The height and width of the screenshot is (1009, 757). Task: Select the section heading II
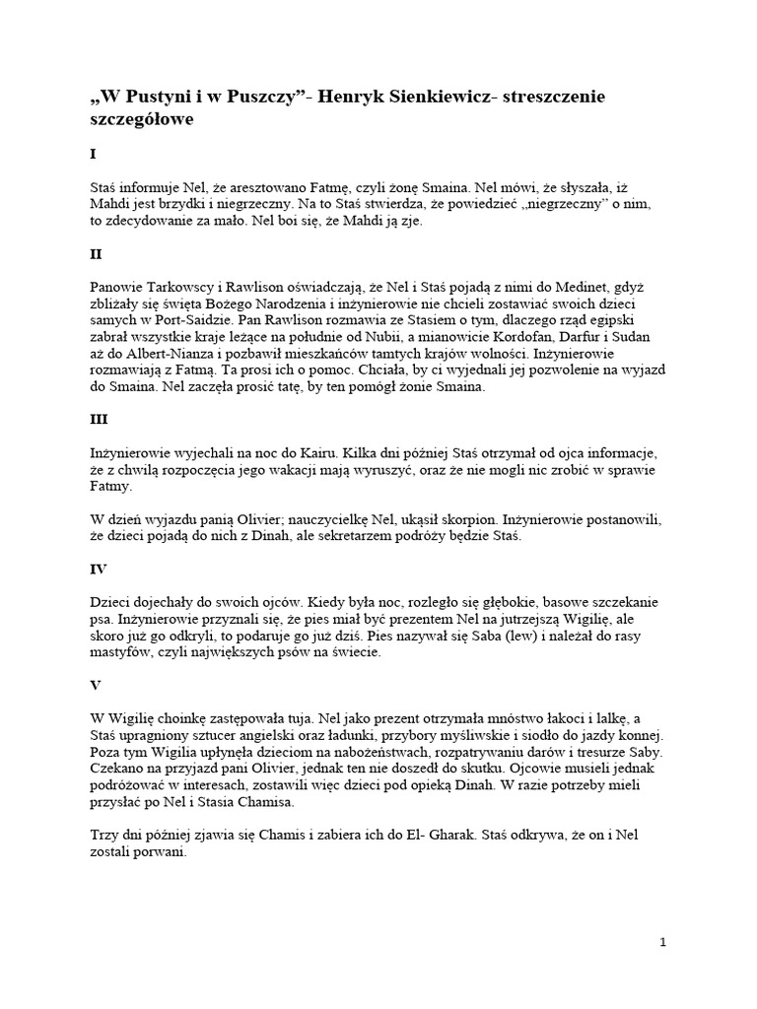(96, 253)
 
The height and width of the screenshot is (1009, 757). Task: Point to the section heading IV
(98, 569)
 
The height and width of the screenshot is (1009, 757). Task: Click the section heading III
(99, 418)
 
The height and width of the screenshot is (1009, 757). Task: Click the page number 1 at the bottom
(663, 942)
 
